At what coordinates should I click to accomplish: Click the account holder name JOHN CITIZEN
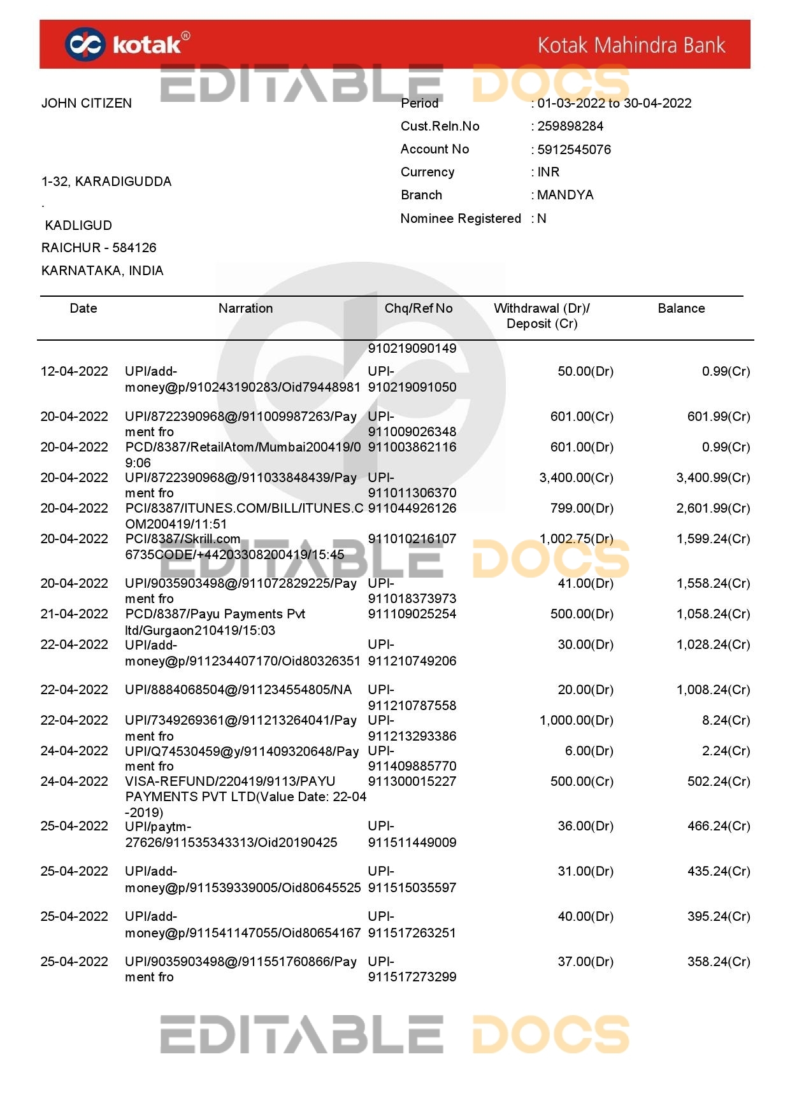click(x=87, y=103)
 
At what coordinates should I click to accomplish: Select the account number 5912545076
click(x=573, y=150)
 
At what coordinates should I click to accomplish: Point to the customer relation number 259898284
click(x=570, y=126)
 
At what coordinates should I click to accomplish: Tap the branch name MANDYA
click(x=565, y=195)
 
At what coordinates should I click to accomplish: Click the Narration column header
click(x=245, y=308)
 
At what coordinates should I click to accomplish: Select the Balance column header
click(x=681, y=308)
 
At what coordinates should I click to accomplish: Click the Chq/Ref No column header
click(x=419, y=308)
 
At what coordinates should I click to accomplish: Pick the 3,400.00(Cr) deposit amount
click(x=576, y=478)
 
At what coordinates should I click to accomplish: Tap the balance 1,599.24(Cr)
click(x=713, y=539)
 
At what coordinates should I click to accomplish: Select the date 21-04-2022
click(x=75, y=614)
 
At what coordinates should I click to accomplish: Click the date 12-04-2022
click(x=75, y=371)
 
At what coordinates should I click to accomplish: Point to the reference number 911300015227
click(x=412, y=781)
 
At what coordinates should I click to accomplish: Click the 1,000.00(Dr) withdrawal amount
click(x=576, y=720)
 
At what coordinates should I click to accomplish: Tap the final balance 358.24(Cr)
click(x=719, y=962)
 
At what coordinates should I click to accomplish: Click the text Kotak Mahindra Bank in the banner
click(x=631, y=45)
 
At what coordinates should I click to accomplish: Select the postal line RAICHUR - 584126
click(x=99, y=248)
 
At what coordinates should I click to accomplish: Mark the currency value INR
click(x=548, y=172)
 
